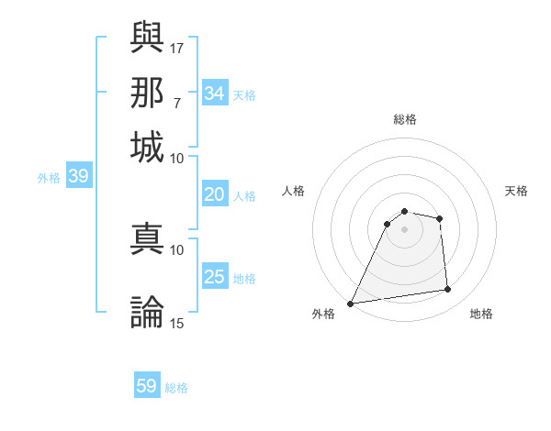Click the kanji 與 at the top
(148, 38)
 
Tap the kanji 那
(148, 92)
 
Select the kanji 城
(148, 146)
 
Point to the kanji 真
(148, 238)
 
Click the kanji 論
(148, 312)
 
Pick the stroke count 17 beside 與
(177, 48)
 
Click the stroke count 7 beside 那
(177, 102)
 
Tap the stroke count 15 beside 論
(177, 323)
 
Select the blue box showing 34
(215, 94)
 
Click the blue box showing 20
(215, 194)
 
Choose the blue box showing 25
(215, 277)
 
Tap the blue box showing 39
(78, 177)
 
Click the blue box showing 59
(147, 387)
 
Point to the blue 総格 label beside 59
(176, 388)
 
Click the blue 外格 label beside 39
(49, 178)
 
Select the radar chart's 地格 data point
(448, 290)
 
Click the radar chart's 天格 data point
(440, 218)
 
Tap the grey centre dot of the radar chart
(404, 229)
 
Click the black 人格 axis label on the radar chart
(294, 191)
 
